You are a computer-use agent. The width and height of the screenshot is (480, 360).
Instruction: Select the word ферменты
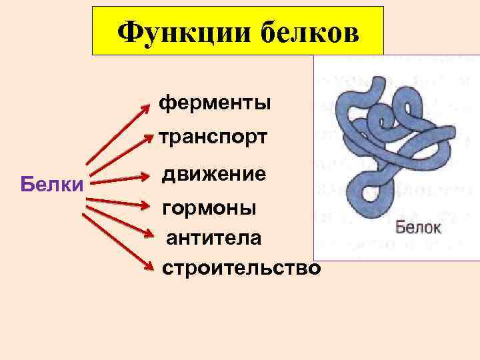[215, 103]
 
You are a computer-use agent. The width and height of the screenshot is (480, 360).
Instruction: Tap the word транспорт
[213, 137]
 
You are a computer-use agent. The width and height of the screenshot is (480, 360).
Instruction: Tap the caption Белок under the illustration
[419, 227]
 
